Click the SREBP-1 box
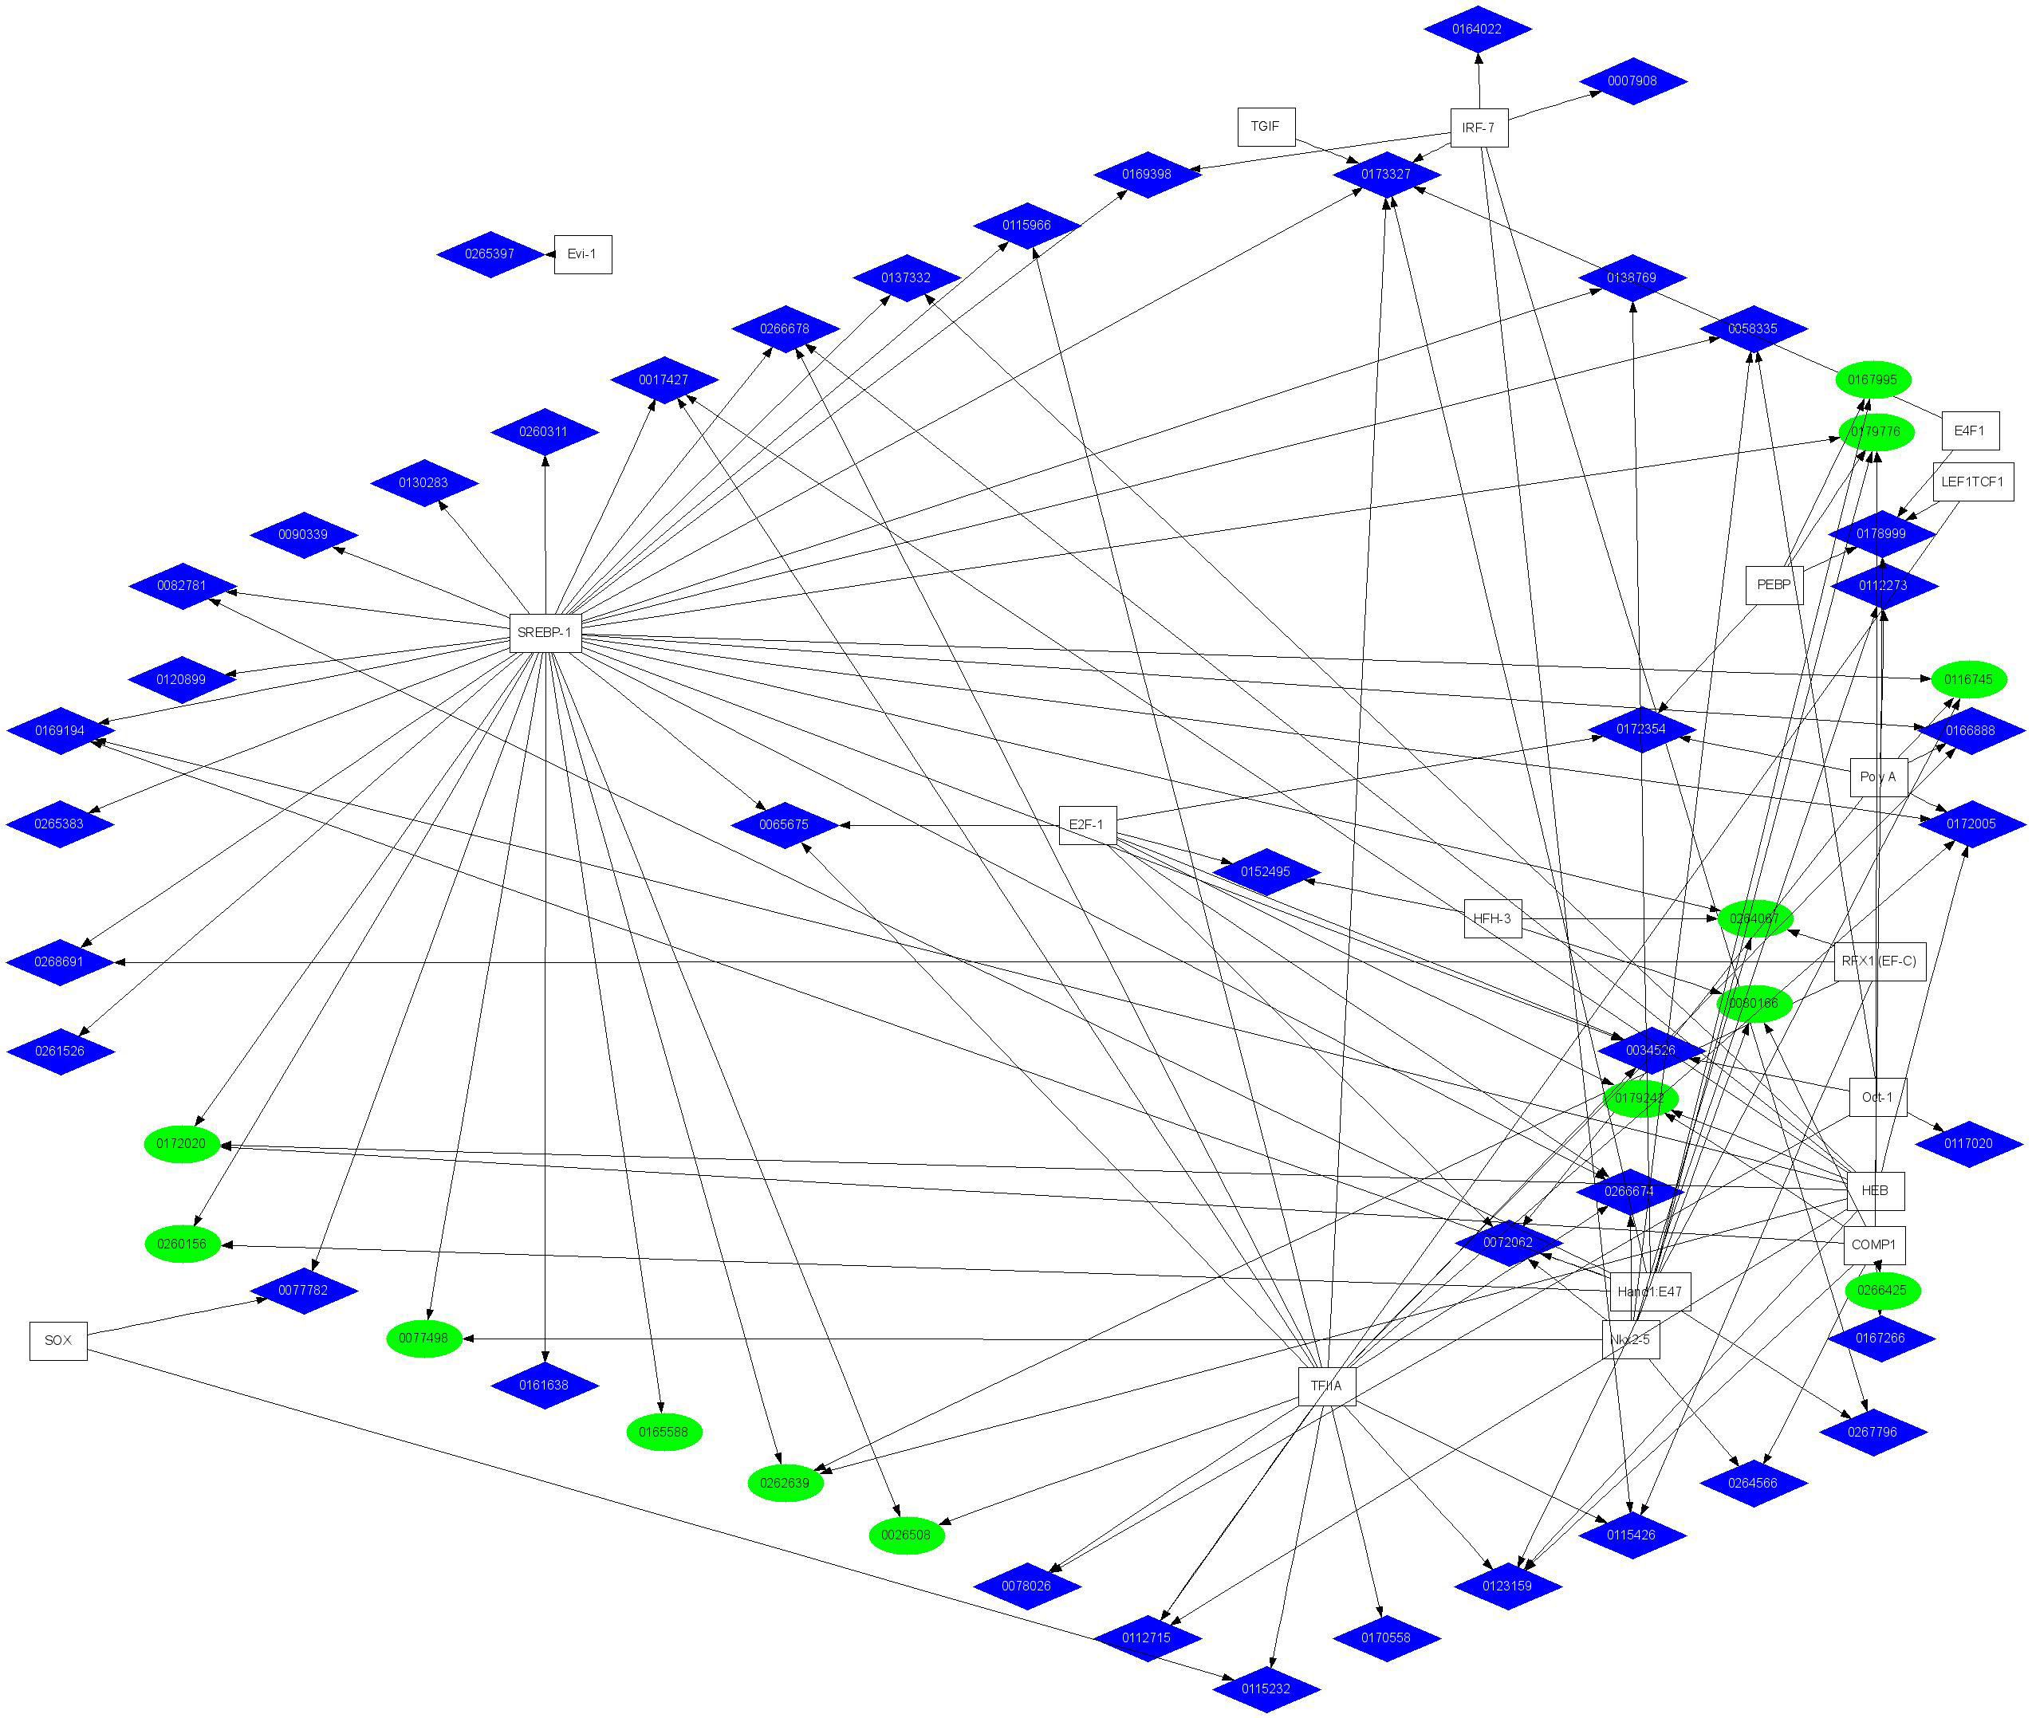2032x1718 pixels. pos(545,633)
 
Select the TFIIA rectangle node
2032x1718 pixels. pos(1325,1386)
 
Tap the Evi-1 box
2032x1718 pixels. pos(582,254)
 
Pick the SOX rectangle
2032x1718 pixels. pos(58,1340)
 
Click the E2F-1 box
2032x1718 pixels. pos(1087,825)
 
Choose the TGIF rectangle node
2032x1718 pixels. pos(1266,127)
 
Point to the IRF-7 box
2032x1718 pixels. pos(1479,128)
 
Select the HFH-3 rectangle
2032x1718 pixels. pos(1492,918)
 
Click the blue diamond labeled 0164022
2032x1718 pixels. pos(1477,29)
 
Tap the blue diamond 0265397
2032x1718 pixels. pos(490,254)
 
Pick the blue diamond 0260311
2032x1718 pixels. pos(544,431)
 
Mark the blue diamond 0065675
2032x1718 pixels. pos(784,825)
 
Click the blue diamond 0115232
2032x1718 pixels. pos(1266,1689)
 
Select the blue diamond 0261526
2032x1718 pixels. pos(61,1051)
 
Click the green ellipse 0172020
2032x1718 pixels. pos(182,1143)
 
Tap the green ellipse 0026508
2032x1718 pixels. pos(906,1535)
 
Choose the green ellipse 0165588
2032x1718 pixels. pos(664,1432)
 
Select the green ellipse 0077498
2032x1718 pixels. pos(423,1339)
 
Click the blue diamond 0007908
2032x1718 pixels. pos(1632,81)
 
